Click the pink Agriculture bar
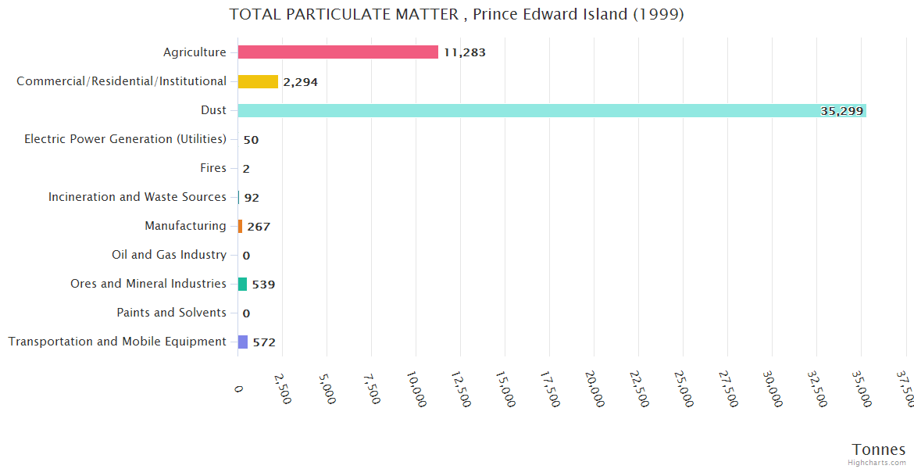pos(337,52)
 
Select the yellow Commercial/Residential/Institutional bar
pos(258,81)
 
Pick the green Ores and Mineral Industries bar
pos(242,284)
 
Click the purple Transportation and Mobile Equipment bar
pos(243,342)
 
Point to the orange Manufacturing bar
pos(241,226)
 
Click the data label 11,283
pos(464,53)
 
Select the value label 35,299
pos(841,111)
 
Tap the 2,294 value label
pos(300,82)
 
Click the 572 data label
pos(264,342)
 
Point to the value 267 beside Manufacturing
pos(259,227)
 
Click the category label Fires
pos(213,168)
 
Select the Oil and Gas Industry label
pos(170,255)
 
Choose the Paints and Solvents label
pos(172,313)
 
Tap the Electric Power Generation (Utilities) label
pos(125,139)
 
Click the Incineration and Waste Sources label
pos(137,197)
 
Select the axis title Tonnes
pos(878,449)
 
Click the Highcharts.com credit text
pos(878,463)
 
